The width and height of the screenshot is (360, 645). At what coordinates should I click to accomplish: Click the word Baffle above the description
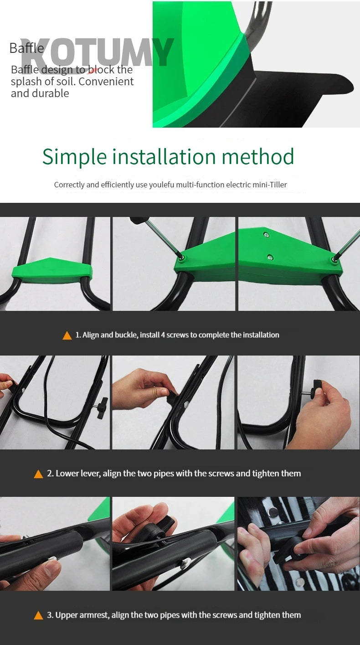coord(26,48)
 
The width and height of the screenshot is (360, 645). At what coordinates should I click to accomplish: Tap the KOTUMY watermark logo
coord(97,52)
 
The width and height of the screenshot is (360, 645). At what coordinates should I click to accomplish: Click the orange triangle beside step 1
coord(67,335)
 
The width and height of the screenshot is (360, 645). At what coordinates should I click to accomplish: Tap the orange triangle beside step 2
coord(39,474)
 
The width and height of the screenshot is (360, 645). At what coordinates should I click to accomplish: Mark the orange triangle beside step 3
coord(39,615)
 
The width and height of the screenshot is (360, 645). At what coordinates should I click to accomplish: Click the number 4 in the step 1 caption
coord(163,335)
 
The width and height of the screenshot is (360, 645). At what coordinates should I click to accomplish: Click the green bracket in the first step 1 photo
coord(52,270)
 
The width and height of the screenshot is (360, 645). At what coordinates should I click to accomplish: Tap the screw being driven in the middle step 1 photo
coord(181,257)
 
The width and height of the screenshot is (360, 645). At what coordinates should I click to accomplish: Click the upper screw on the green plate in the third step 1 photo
coord(267,235)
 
